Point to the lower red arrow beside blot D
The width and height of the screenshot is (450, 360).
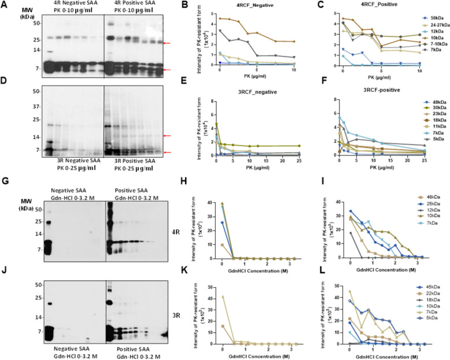(168, 153)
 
